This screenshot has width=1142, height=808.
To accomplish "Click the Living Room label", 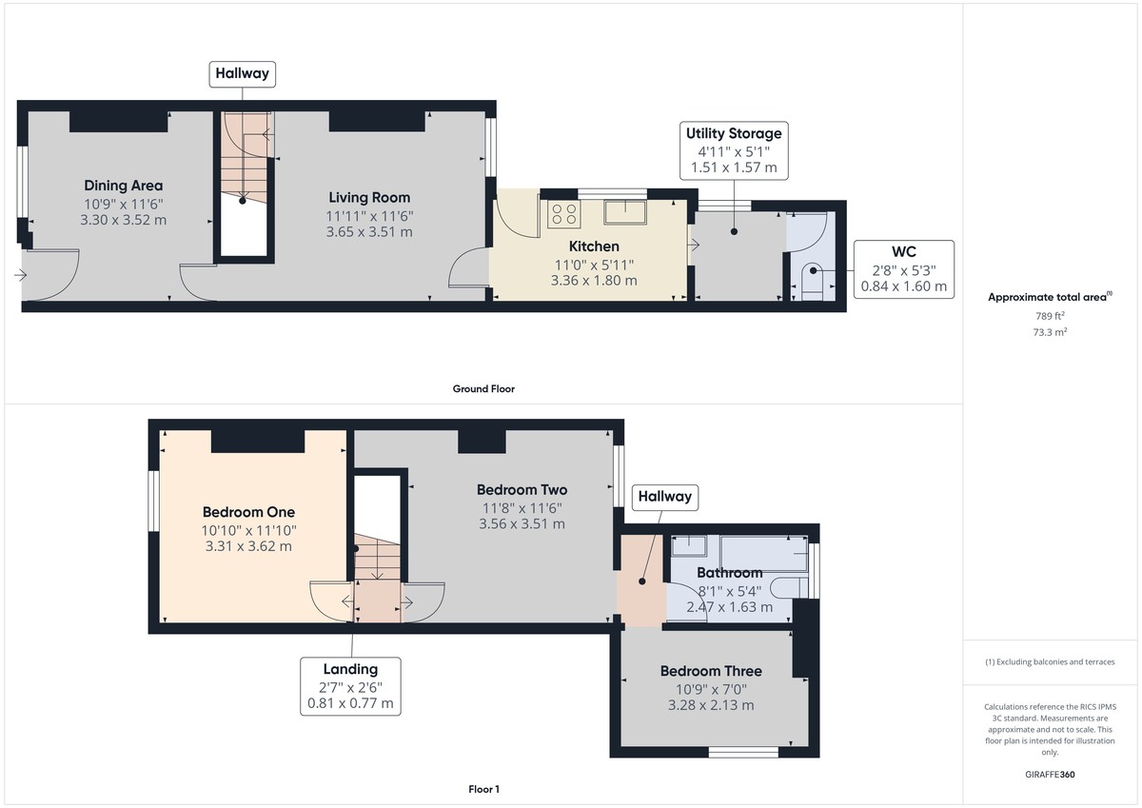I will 369,198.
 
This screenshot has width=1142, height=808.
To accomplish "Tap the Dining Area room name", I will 123,186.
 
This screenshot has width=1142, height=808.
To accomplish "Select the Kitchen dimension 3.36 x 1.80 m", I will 593,281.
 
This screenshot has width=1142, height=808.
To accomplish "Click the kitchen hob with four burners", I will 562,216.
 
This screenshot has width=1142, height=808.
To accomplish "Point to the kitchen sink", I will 625,210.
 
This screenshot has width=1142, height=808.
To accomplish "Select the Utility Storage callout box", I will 733,150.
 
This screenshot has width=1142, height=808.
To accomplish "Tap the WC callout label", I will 903,268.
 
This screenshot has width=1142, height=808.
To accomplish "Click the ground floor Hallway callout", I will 243,73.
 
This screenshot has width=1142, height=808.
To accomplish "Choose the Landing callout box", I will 350,686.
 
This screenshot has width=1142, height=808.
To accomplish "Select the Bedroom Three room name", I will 711,671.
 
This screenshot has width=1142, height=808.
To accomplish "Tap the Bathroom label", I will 729,573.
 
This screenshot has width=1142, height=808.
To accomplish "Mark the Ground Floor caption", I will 483,388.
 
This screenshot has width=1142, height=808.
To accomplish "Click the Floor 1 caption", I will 483,789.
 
